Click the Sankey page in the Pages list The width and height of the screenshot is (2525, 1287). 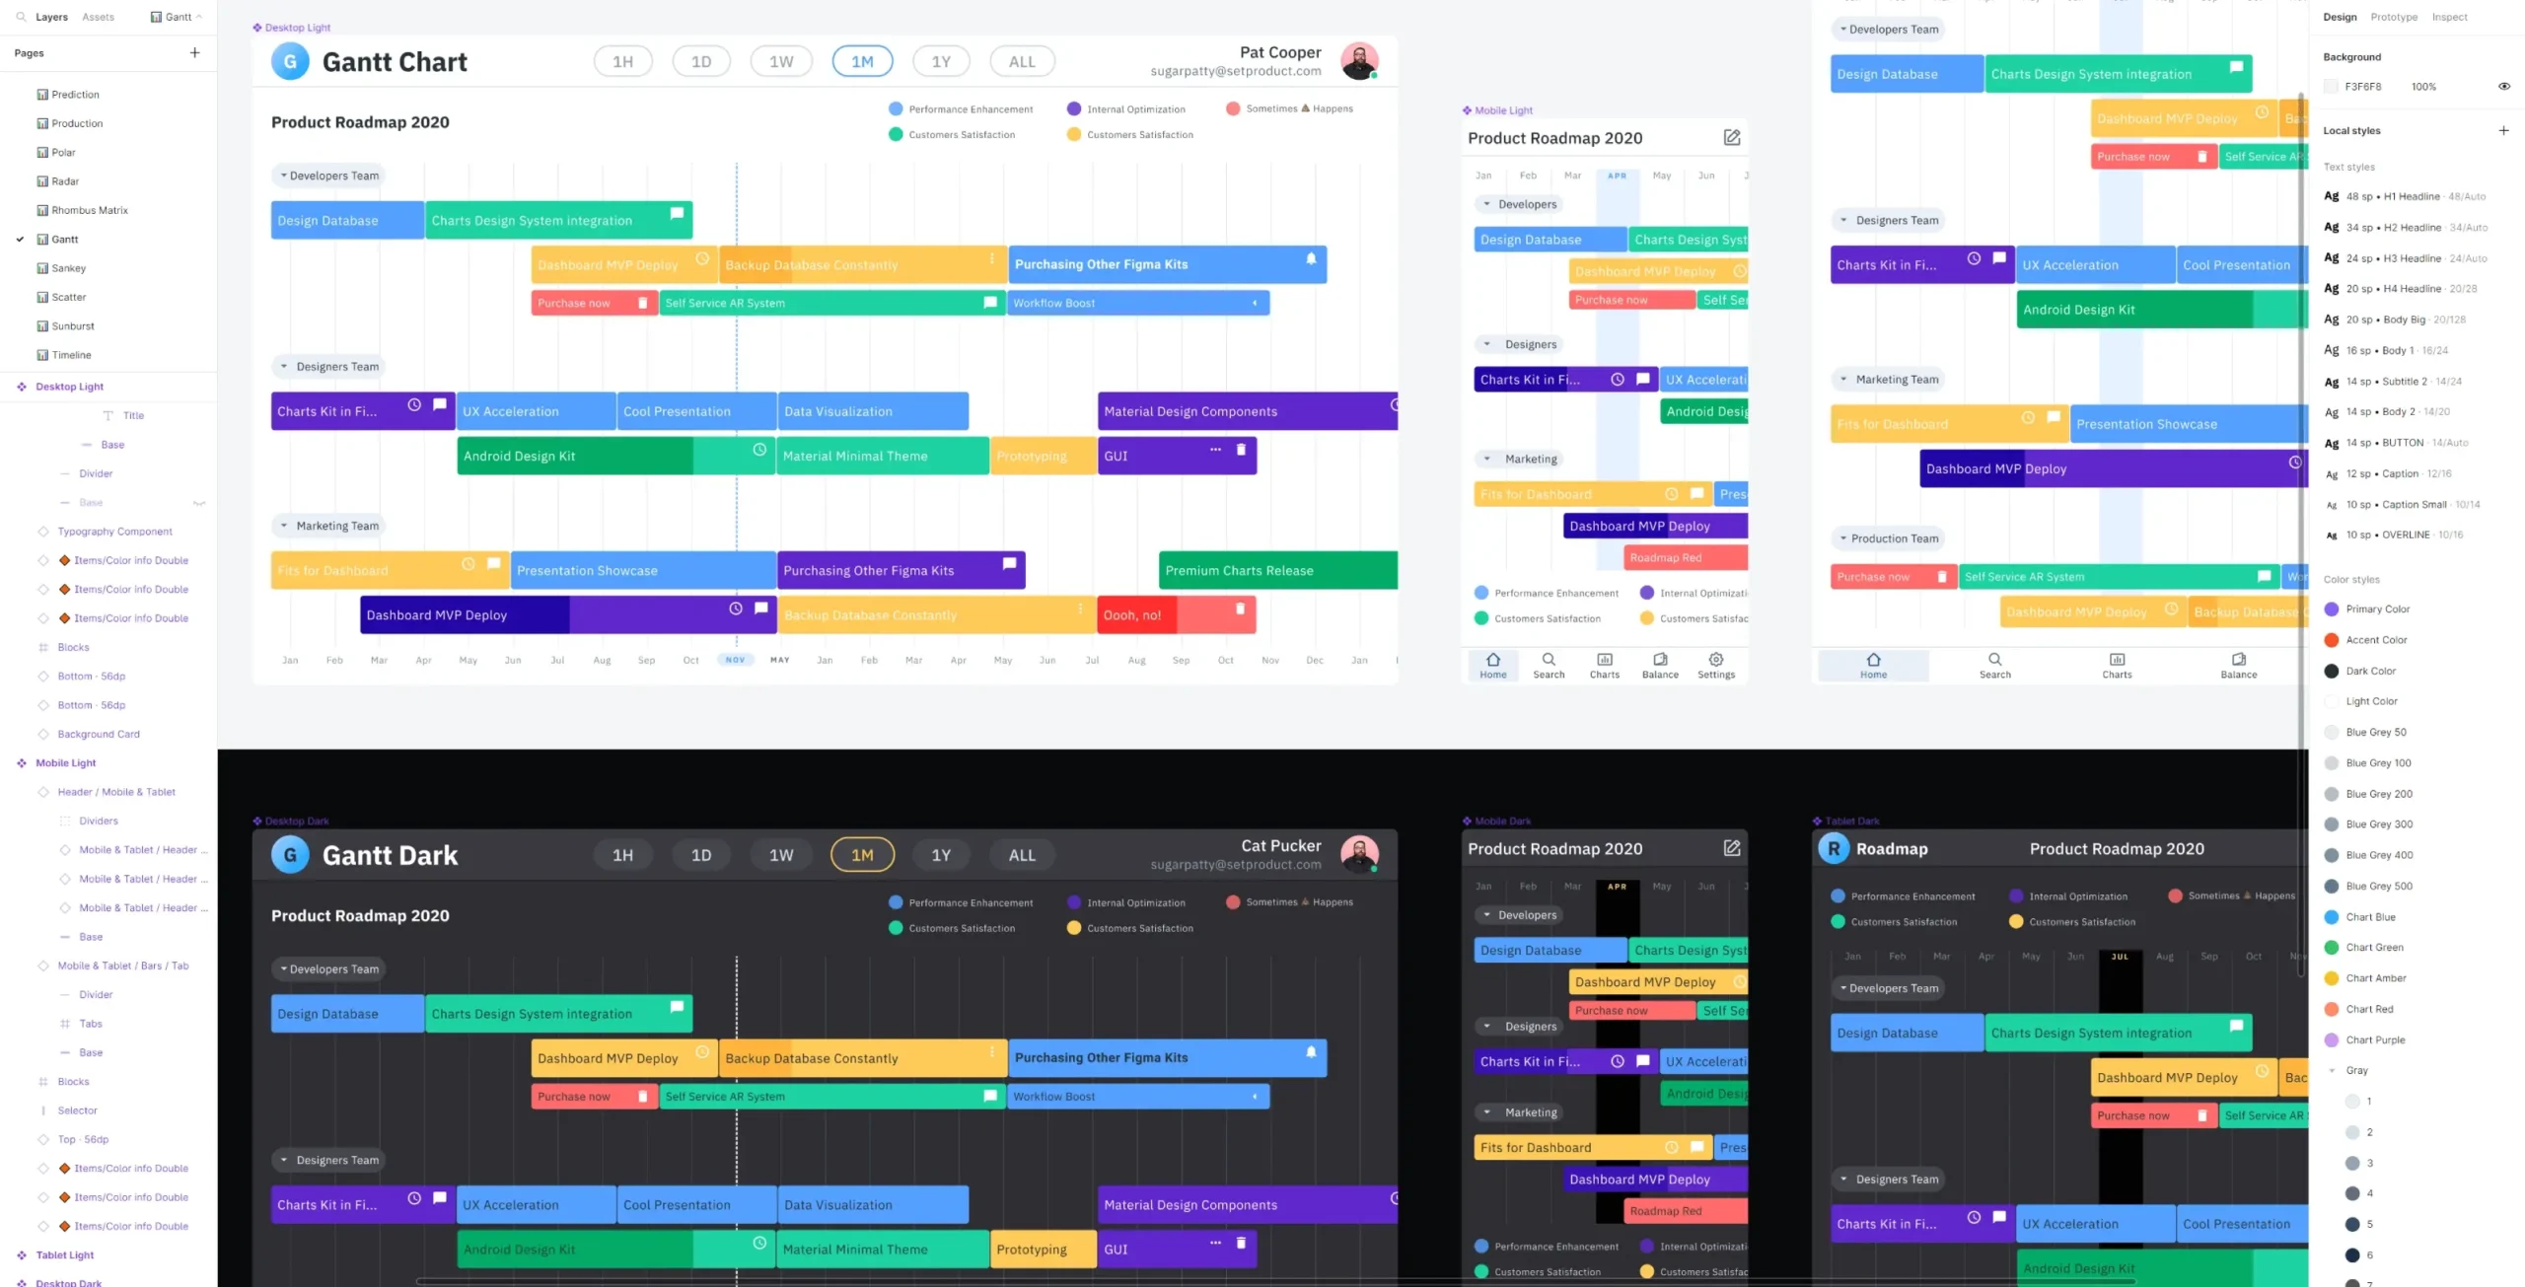pyautogui.click(x=68, y=268)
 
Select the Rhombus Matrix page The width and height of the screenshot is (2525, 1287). pyautogui.click(x=89, y=210)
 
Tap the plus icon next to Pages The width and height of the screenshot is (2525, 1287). pyautogui.click(x=194, y=53)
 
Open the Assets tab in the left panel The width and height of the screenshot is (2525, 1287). pyautogui.click(x=98, y=17)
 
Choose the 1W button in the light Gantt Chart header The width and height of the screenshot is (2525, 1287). pyautogui.click(x=780, y=61)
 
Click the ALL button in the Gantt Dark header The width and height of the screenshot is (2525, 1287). pyautogui.click(x=1021, y=855)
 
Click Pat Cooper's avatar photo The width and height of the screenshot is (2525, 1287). pyautogui.click(x=1358, y=61)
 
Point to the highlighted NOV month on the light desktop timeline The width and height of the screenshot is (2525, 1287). pyautogui.click(x=735, y=660)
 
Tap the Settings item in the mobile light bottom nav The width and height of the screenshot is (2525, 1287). pyautogui.click(x=1715, y=665)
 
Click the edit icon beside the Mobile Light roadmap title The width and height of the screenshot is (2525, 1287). pyautogui.click(x=1731, y=138)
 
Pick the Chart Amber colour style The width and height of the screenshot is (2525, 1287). pyautogui.click(x=2375, y=978)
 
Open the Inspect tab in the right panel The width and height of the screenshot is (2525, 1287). pyautogui.click(x=2448, y=17)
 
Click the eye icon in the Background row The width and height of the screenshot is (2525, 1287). pyautogui.click(x=2503, y=87)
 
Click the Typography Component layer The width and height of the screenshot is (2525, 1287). pyautogui.click(x=114, y=532)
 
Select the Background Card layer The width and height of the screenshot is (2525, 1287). pyautogui.click(x=99, y=734)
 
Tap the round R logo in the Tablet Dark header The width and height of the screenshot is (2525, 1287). pyautogui.click(x=1833, y=849)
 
